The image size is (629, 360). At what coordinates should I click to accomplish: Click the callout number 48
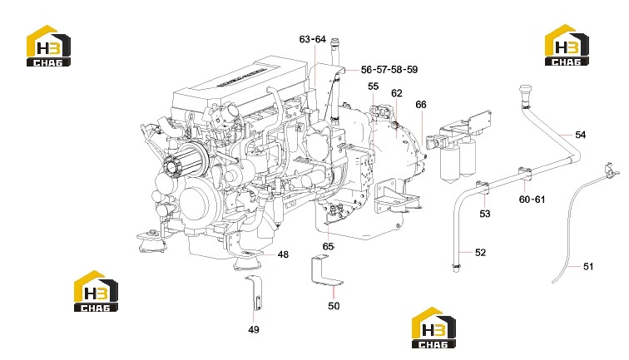283,254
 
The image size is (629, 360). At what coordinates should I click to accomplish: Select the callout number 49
254,329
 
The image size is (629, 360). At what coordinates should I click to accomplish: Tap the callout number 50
334,306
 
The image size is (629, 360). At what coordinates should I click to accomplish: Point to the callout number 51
588,266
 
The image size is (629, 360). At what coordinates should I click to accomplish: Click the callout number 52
480,252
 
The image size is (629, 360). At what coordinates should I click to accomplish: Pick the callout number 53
485,214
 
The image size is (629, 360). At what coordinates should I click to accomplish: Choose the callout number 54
581,135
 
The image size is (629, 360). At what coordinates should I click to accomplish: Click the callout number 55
373,86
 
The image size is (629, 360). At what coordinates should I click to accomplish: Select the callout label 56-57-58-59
389,69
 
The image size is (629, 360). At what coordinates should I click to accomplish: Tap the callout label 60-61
532,200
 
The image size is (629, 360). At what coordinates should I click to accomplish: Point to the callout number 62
397,93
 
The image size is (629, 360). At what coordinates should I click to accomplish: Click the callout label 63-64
313,39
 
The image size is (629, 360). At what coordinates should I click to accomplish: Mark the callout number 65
328,246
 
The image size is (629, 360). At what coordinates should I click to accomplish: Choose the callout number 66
421,105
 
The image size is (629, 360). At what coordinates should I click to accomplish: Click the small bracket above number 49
255,293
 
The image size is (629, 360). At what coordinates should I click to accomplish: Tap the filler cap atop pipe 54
526,93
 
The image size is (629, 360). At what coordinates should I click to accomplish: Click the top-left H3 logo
48,46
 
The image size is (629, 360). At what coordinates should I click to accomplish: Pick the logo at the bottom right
433,328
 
